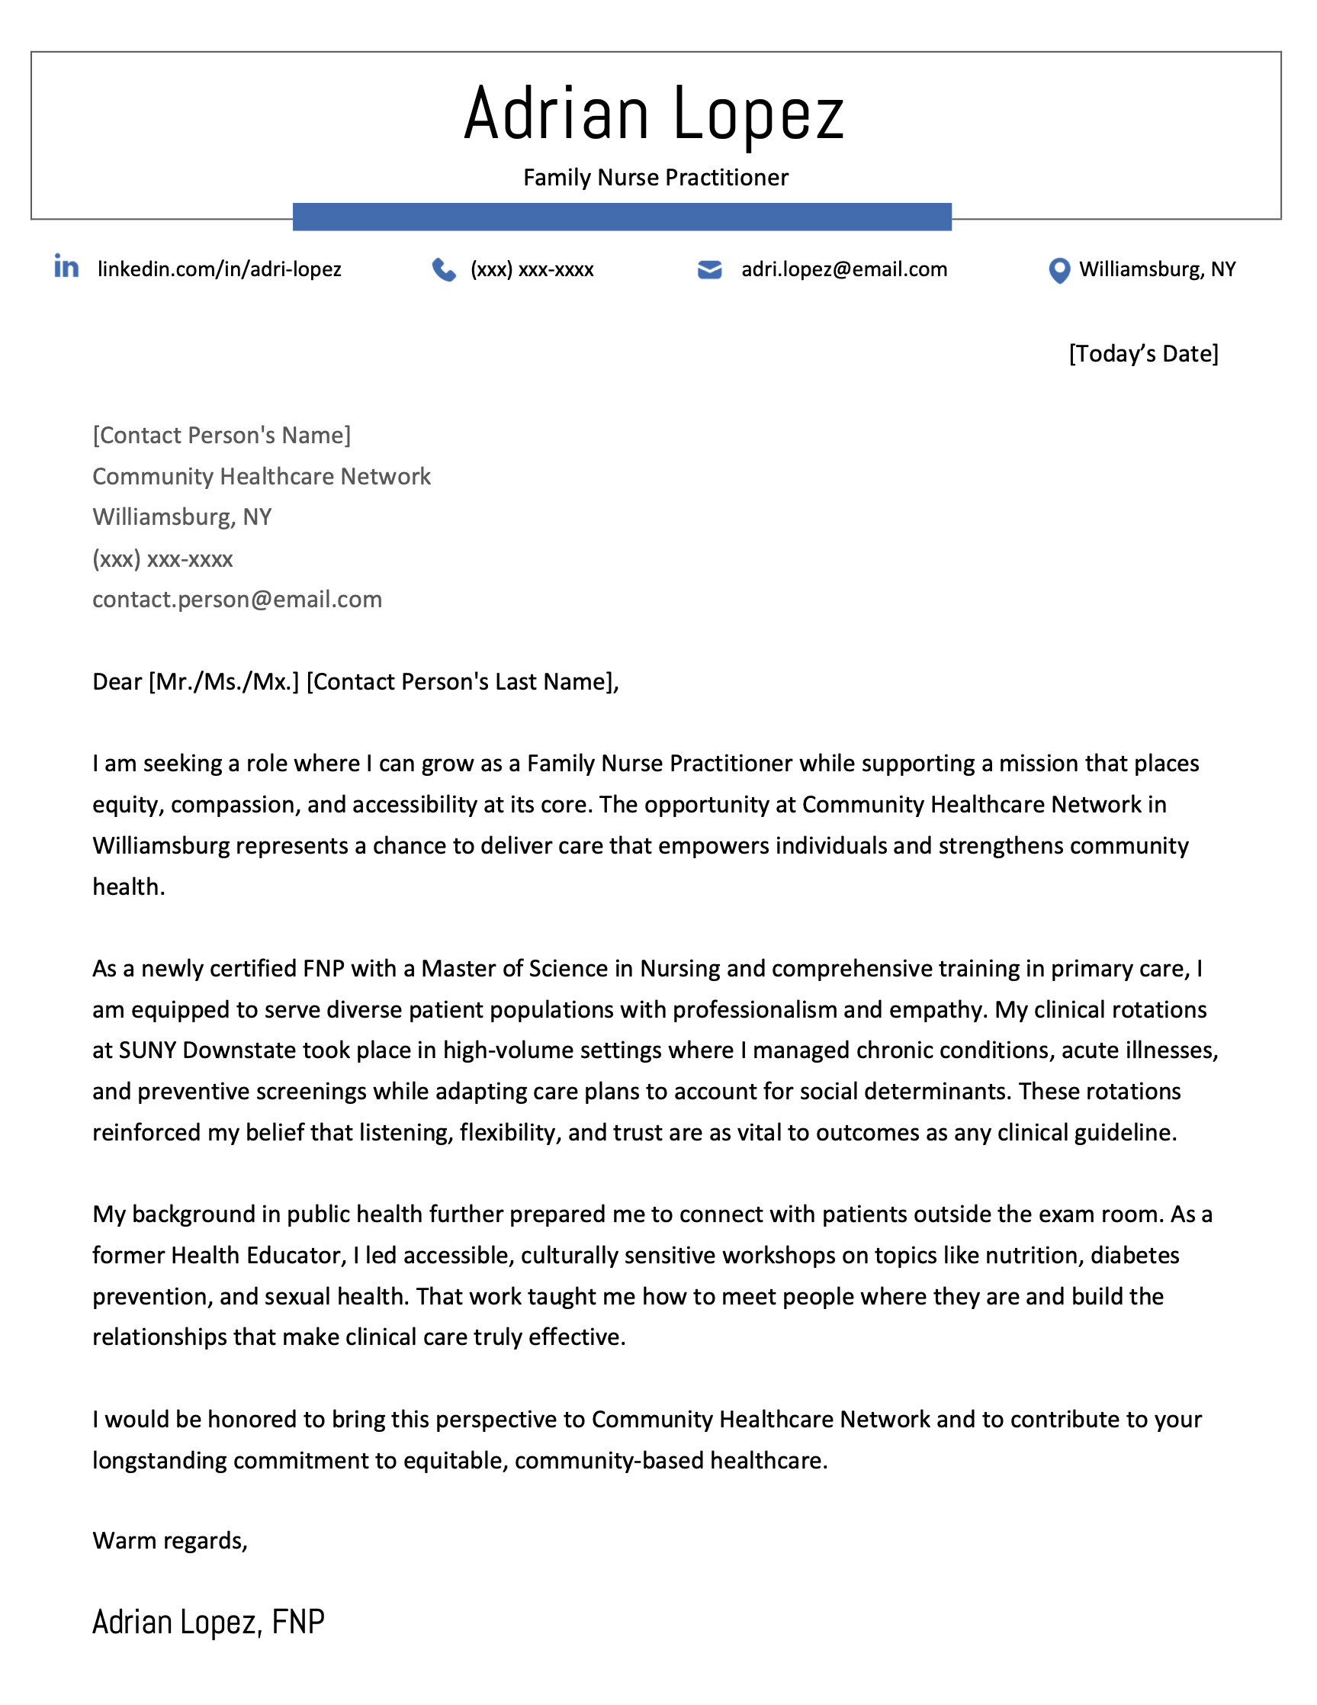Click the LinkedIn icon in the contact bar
[x=66, y=267]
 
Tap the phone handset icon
[x=444, y=270]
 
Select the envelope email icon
[x=709, y=269]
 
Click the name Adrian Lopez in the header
[x=654, y=114]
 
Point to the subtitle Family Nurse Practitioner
[x=655, y=178]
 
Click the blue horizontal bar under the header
[x=622, y=217]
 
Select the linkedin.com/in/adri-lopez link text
[x=219, y=269]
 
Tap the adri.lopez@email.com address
[x=843, y=269]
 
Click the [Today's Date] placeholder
[x=1143, y=354]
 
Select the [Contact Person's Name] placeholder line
[x=222, y=435]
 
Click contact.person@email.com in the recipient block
[x=237, y=600]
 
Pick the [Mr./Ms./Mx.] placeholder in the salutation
[x=224, y=681]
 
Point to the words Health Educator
[x=257, y=1256]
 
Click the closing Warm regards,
[x=170, y=1540]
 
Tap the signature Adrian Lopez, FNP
[x=208, y=1623]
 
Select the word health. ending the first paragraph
[x=129, y=887]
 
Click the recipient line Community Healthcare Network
[x=262, y=476]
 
